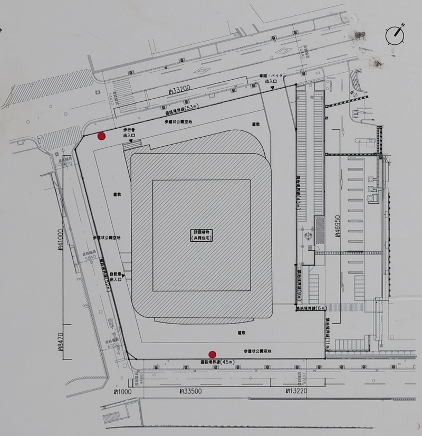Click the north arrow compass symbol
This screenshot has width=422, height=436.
click(395, 34)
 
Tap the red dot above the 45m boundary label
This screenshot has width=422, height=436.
click(213, 354)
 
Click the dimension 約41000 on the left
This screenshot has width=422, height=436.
click(60, 243)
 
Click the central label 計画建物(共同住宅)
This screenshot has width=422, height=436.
click(202, 235)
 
